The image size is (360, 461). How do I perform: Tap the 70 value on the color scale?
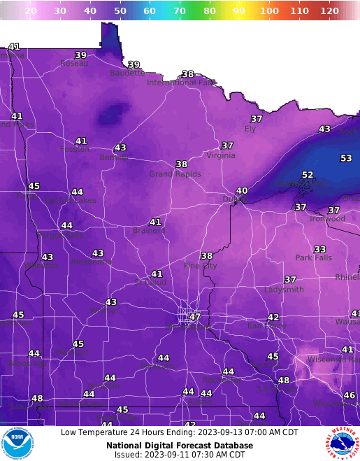tap(180, 11)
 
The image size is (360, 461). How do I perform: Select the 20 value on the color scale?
tap(31, 11)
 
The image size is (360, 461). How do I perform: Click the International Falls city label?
tap(182, 83)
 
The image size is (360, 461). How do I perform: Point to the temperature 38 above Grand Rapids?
tap(182, 164)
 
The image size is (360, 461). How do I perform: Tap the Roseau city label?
tap(74, 63)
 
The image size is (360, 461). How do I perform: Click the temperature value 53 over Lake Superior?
tap(346, 159)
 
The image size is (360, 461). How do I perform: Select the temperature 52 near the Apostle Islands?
tap(308, 175)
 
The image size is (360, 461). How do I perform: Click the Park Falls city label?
tap(313, 257)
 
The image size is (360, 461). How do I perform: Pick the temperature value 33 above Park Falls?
tap(319, 249)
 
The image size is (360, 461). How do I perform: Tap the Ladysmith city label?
tap(284, 289)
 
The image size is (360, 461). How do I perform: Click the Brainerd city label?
tap(149, 230)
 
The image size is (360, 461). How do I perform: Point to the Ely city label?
tap(250, 129)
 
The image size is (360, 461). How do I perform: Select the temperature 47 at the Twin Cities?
tap(195, 317)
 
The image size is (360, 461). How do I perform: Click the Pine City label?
tap(200, 266)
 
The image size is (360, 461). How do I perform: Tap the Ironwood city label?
tap(327, 218)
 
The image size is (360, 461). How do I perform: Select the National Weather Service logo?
tap(342, 444)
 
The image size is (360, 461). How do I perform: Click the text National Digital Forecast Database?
tap(180, 445)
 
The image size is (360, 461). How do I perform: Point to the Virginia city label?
tap(221, 155)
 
